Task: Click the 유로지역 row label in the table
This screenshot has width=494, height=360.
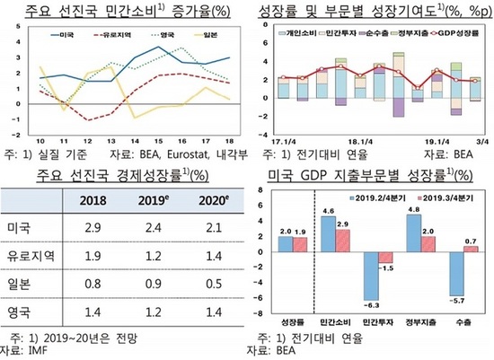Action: (x=31, y=256)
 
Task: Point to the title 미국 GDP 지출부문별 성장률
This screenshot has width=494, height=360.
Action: (x=371, y=176)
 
